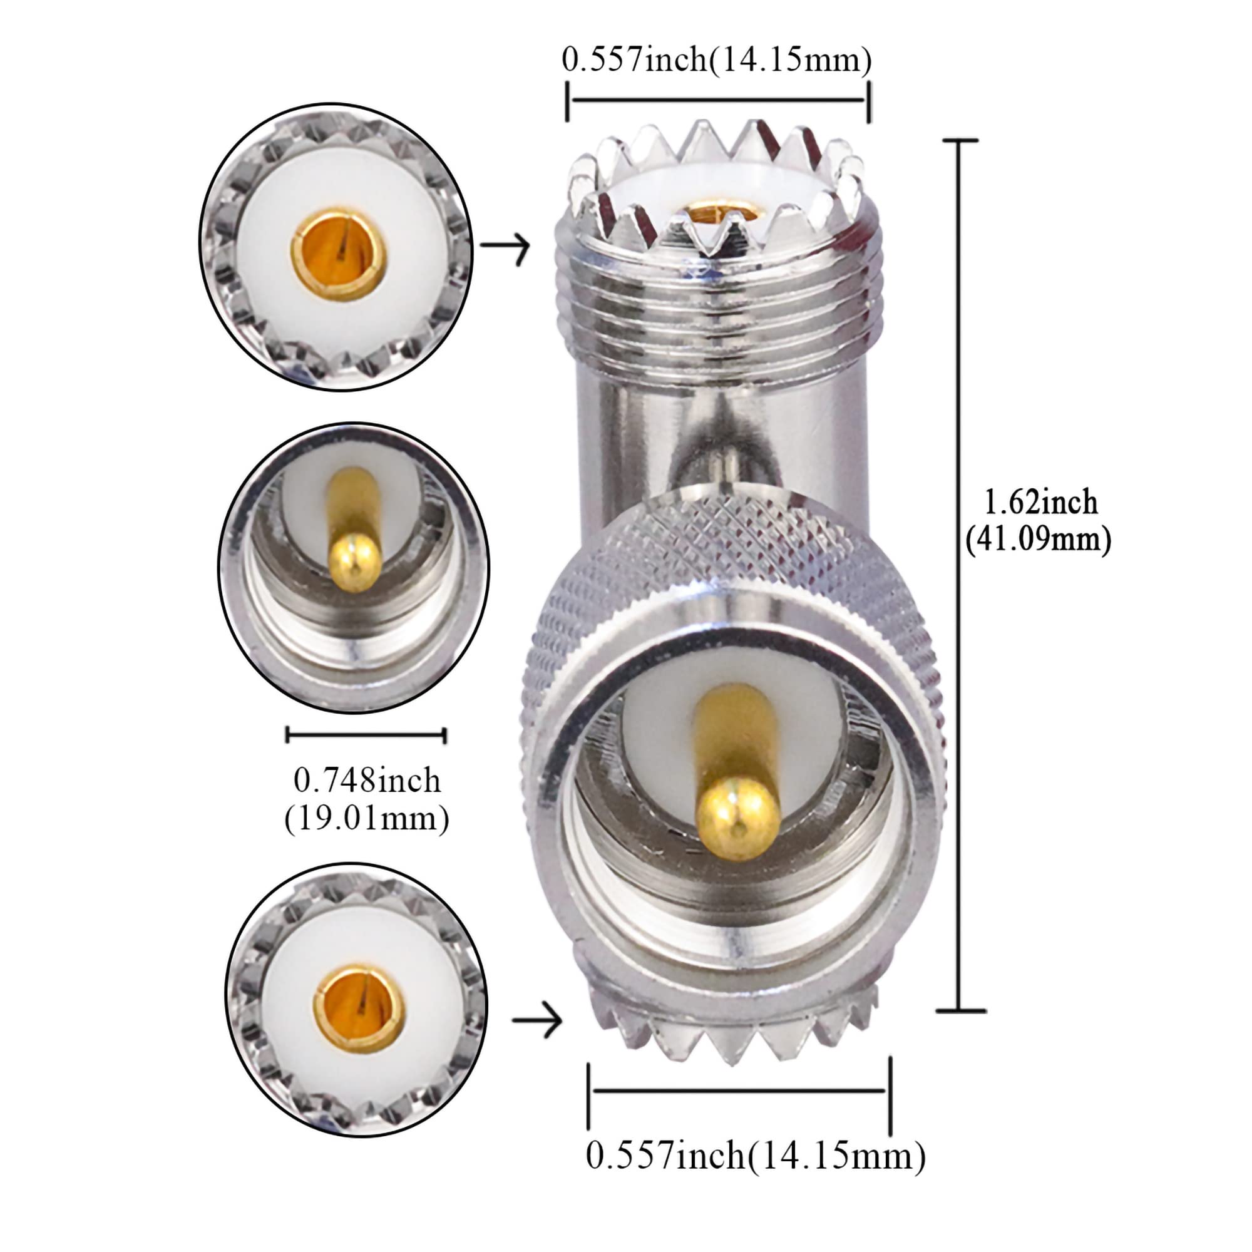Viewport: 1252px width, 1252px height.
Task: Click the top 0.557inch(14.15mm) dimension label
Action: tap(716, 60)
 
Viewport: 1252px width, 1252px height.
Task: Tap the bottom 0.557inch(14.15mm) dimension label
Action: tap(756, 1155)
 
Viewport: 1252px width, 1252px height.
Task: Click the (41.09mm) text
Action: tap(1038, 539)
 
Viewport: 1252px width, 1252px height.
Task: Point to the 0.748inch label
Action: tap(367, 780)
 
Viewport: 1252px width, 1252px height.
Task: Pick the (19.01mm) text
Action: tap(367, 818)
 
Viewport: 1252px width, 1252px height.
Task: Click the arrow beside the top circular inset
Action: tap(505, 246)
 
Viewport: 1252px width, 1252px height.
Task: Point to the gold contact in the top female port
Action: tap(722, 212)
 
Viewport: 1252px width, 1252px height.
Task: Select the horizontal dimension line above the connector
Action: tap(718, 100)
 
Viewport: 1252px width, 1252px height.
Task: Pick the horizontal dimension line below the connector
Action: tap(739, 1090)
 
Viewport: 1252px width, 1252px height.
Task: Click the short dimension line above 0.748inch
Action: tap(366, 734)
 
